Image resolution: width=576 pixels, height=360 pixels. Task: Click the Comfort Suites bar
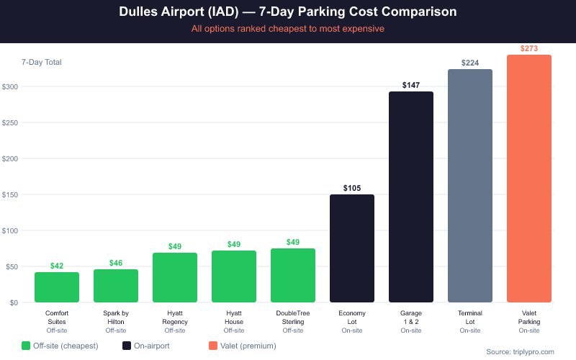coord(57,287)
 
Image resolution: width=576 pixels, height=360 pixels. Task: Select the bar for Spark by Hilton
coord(116,286)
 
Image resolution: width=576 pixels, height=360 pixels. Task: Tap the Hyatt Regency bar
coord(175,277)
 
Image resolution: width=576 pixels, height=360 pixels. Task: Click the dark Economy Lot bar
coord(352,248)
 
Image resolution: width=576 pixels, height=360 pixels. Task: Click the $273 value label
coord(529,48)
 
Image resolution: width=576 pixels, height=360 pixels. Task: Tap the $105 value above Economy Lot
coord(352,188)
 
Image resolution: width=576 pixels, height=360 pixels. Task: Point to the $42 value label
coord(57,266)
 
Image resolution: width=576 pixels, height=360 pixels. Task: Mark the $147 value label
coord(411,85)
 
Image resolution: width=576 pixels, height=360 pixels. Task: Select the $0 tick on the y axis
coord(13,302)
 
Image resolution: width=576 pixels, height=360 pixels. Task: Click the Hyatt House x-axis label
coord(234,318)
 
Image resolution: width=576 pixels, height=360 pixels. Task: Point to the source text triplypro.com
coord(520,351)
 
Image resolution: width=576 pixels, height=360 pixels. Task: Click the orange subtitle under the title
coord(288,29)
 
